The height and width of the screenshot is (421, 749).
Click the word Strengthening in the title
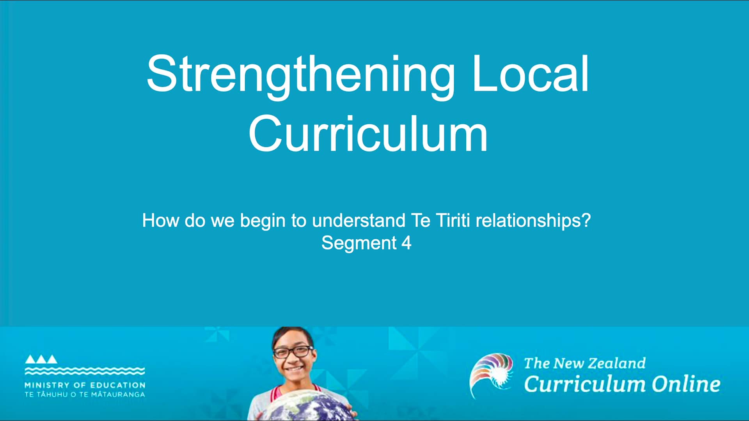click(300, 74)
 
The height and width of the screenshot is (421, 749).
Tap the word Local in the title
click(531, 74)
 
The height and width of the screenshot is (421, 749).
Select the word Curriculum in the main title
click(368, 134)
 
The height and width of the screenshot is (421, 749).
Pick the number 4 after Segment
click(406, 243)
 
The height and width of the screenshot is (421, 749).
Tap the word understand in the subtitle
click(359, 220)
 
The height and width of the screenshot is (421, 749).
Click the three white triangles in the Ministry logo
click(41, 359)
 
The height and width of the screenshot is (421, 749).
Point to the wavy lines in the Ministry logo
click(85, 370)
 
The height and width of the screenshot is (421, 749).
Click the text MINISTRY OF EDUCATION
click(85, 385)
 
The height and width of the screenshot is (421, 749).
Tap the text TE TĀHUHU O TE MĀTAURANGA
click(85, 394)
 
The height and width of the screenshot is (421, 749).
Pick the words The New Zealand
click(584, 363)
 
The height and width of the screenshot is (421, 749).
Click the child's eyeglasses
click(293, 352)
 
